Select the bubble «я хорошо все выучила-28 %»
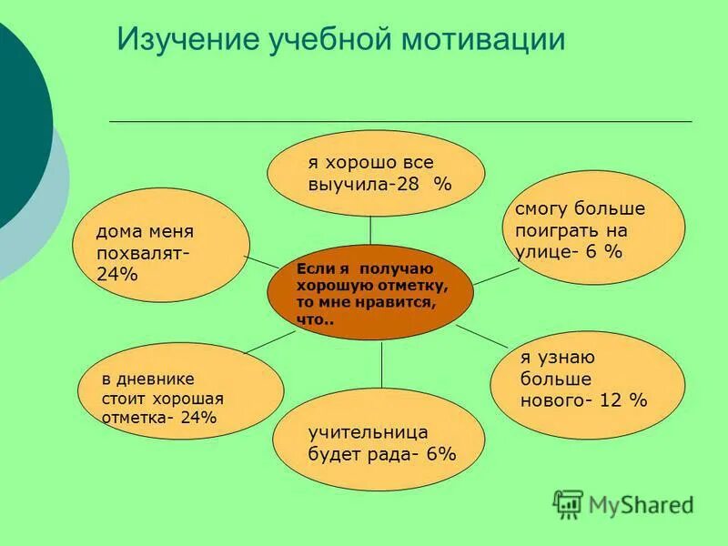coord(376,173)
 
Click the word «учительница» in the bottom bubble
coord(368,431)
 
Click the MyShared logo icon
coord(568,502)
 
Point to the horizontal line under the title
coord(400,121)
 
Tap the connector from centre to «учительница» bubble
coord(381,364)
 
